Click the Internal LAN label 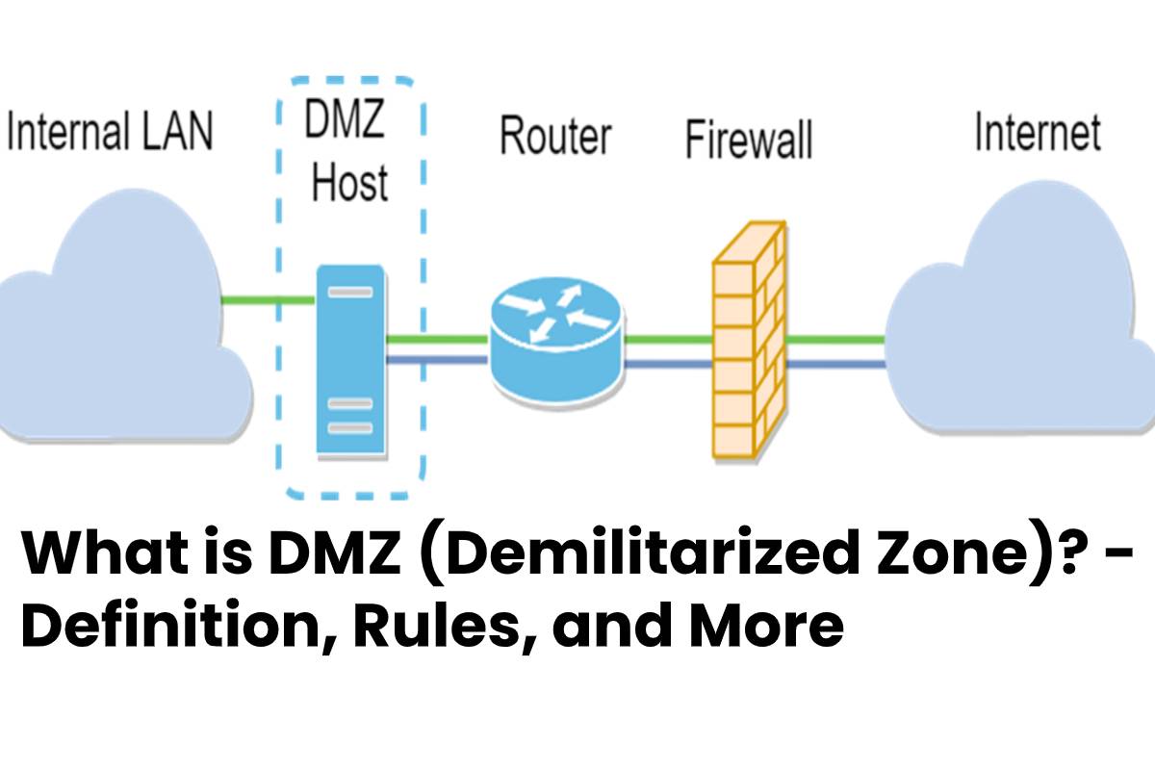point(110,131)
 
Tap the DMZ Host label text point(347,150)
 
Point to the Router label point(556,136)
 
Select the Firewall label point(749,139)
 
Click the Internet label point(1038,132)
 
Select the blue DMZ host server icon point(351,360)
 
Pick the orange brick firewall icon point(750,340)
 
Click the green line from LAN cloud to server point(269,299)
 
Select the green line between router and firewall point(669,340)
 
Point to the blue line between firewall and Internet point(836,365)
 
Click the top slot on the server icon point(350,293)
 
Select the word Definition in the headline point(178,625)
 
